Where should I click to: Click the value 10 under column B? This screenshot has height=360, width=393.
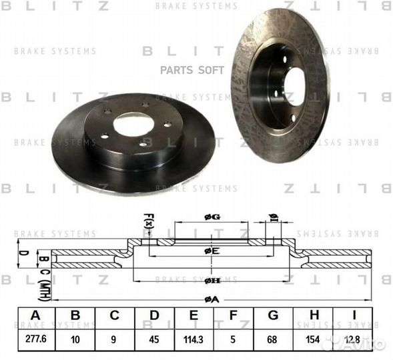coord(75,338)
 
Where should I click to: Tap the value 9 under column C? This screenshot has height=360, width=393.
coord(114,338)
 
